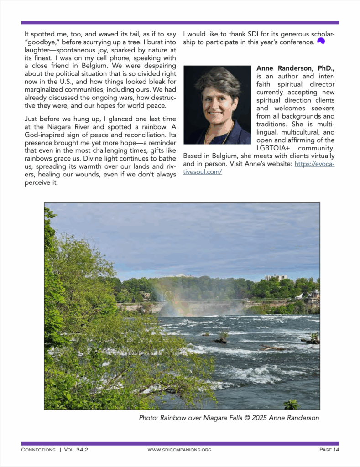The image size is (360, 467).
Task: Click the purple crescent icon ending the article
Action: coord(321,41)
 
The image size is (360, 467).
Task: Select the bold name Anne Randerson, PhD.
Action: coord(295,68)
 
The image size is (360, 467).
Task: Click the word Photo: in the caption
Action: coord(148,418)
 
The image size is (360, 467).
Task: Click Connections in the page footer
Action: coord(38,450)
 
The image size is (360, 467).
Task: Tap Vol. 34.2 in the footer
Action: coord(76,450)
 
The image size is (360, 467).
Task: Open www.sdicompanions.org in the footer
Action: coord(179,450)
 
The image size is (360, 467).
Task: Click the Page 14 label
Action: coord(329,450)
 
